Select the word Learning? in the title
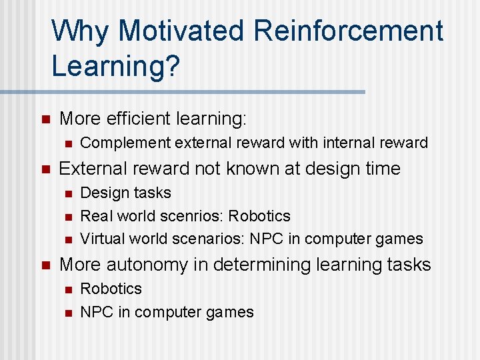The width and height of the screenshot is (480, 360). [115, 66]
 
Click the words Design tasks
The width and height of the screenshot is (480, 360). [125, 193]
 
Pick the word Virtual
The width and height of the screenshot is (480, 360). [102, 239]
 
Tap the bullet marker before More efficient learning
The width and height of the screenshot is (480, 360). [45, 120]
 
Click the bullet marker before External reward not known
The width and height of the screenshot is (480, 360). [45, 169]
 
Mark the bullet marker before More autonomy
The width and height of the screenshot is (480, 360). [45, 265]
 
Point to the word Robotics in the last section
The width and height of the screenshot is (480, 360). [111, 289]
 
